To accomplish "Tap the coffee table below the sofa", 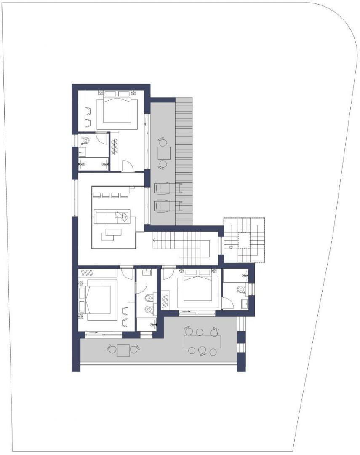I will [111, 233].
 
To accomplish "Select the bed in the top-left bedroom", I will [117, 110].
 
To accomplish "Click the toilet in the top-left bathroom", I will [85, 139].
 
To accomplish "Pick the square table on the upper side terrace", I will [164, 153].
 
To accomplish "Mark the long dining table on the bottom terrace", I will [202, 342].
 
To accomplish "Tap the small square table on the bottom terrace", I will [123, 350].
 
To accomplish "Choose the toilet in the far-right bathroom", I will [241, 289].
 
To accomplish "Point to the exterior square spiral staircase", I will [244, 240].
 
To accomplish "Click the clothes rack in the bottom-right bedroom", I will [166, 302].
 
